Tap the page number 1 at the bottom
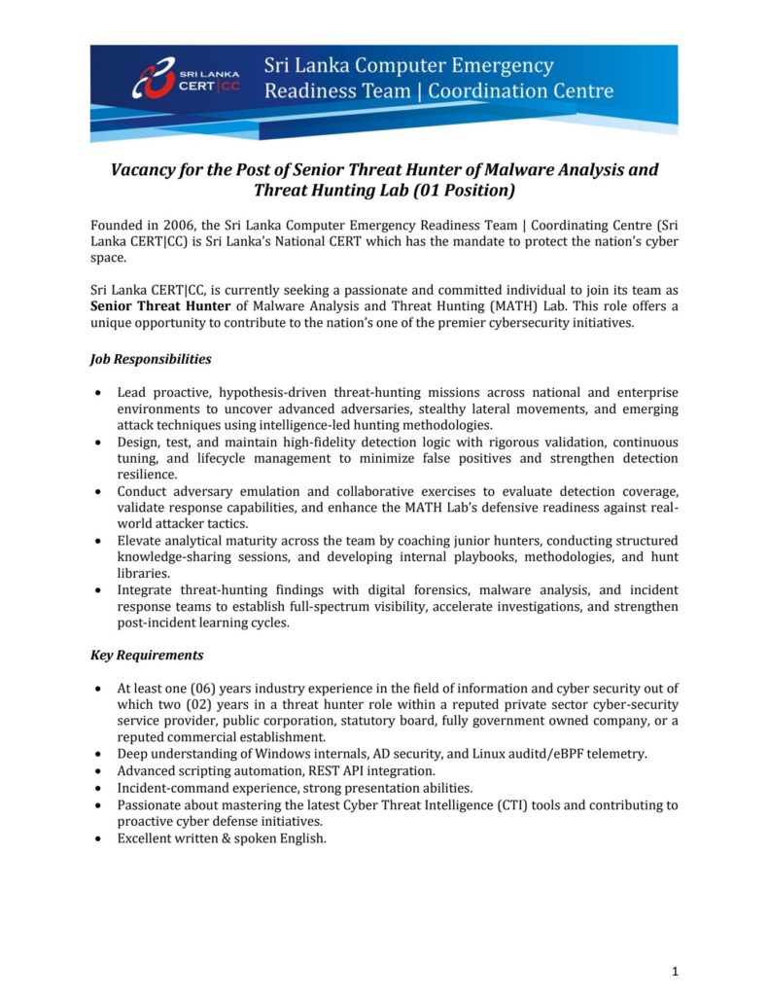point(674,971)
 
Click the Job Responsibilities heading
point(151,359)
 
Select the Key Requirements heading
point(147,655)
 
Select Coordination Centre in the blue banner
point(521,91)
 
